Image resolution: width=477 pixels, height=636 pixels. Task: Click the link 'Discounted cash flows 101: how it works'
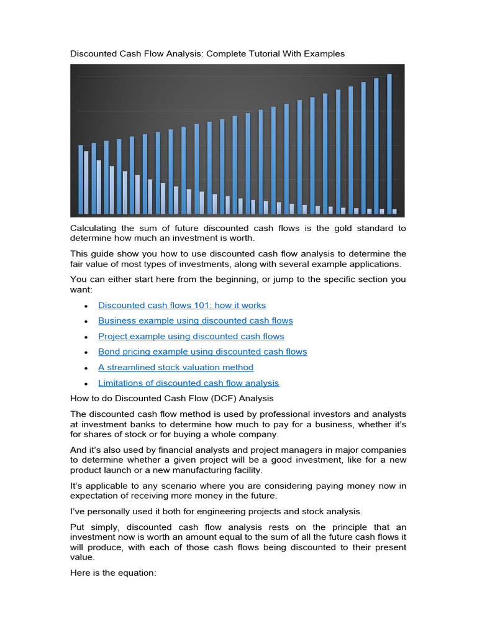tap(181, 305)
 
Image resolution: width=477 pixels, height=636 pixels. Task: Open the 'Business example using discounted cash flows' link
tap(195, 320)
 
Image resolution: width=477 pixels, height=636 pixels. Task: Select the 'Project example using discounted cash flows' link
tap(191, 336)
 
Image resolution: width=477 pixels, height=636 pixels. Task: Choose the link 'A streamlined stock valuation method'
tap(176, 367)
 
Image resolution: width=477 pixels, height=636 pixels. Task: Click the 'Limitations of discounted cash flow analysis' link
tap(188, 383)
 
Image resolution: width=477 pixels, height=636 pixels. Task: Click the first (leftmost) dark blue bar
tap(81, 179)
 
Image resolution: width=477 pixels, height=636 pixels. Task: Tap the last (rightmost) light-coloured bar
tap(394, 211)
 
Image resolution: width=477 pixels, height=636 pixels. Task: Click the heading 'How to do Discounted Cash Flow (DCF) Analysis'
tap(171, 398)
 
